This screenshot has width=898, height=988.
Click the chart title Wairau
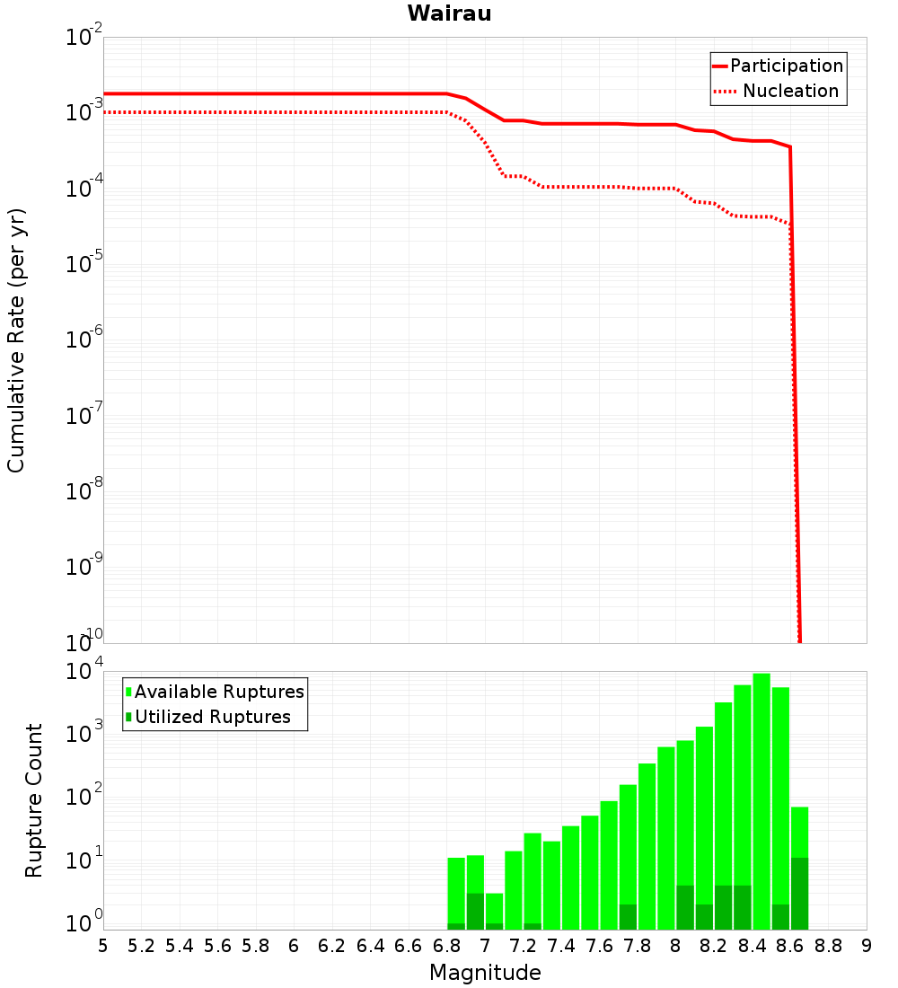tap(449, 13)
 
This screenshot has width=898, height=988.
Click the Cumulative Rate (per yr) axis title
tap(16, 340)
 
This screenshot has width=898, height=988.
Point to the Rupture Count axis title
tap(34, 800)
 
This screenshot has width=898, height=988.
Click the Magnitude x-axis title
tap(485, 973)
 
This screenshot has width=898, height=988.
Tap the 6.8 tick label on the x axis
tap(446, 946)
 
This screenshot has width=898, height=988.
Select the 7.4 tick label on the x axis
tap(561, 946)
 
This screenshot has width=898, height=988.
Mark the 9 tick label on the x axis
tap(866, 946)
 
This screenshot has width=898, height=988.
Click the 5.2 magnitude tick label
tap(141, 946)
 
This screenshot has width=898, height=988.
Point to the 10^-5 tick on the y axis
tap(84, 264)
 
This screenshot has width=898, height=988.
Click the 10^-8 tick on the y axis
tap(84, 491)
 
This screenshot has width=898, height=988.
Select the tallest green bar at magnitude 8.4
tap(762, 799)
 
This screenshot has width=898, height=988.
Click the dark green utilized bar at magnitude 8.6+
tap(799, 894)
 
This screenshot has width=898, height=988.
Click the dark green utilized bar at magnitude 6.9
tap(475, 912)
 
